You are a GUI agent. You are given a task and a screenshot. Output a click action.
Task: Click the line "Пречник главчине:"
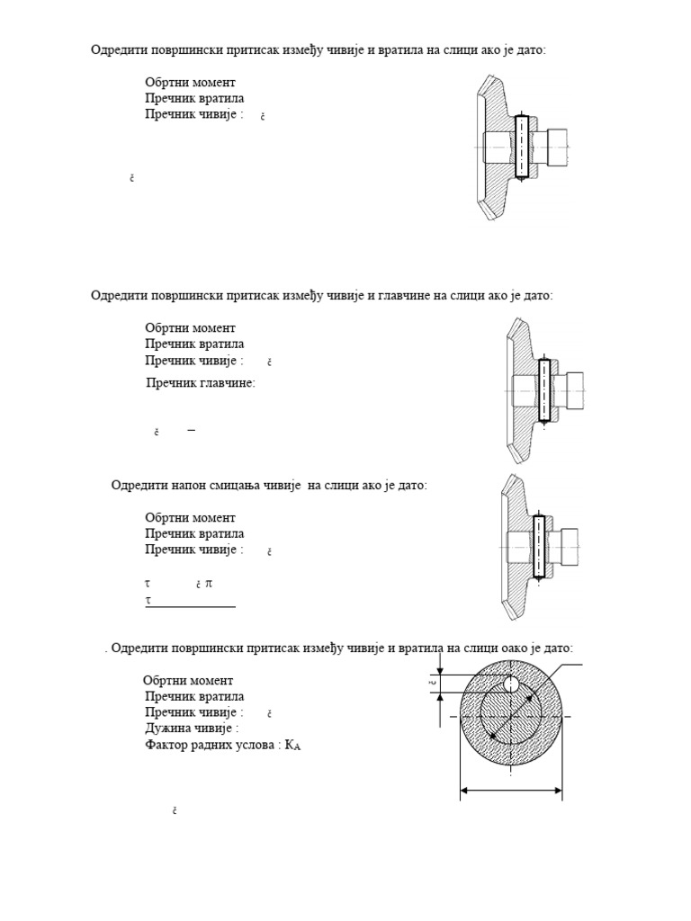(x=201, y=383)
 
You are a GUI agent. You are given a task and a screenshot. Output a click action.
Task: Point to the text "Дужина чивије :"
(x=192, y=729)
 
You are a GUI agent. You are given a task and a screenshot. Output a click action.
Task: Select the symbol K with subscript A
(x=292, y=746)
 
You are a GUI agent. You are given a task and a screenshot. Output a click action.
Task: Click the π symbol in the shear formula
(x=209, y=584)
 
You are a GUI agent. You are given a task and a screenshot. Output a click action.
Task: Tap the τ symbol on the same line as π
(x=148, y=584)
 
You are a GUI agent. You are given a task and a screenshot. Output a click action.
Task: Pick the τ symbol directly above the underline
(x=148, y=599)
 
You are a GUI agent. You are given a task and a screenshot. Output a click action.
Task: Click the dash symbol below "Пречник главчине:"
(x=191, y=431)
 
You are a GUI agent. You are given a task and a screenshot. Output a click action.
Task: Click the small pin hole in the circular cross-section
(x=511, y=684)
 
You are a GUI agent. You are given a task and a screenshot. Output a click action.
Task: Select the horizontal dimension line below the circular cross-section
(x=511, y=791)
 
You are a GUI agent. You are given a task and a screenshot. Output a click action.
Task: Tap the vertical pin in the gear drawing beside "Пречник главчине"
(x=543, y=391)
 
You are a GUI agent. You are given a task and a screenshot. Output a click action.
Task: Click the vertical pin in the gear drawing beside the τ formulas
(x=538, y=547)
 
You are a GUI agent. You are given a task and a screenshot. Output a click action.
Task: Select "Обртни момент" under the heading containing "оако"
(x=188, y=681)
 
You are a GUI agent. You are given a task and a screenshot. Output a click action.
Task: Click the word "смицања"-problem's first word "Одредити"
(x=138, y=486)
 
